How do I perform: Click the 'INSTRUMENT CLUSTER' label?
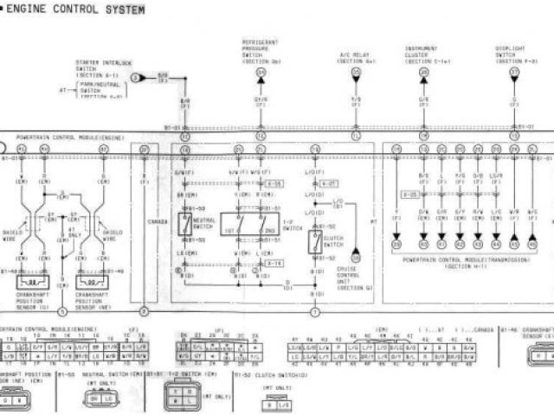coord(423,54)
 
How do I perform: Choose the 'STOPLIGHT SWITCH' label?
coord(512,54)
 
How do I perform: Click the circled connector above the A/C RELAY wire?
coord(356,74)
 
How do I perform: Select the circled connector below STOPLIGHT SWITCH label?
coord(513,73)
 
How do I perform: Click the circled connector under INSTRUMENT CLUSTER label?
coord(423,74)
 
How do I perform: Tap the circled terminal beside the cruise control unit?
coord(354,257)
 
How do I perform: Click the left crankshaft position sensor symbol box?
coord(33,282)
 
